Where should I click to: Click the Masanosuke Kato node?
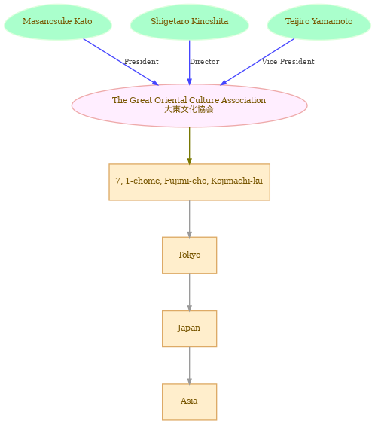coord(58,22)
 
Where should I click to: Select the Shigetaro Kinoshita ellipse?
coord(189,22)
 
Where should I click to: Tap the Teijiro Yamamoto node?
coord(319,22)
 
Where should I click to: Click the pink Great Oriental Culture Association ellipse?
coord(189,105)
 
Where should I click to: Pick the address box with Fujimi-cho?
coord(189,182)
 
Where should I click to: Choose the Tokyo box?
coord(189,255)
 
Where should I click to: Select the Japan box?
coord(189,328)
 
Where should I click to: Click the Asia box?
coord(189,402)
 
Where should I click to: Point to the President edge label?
coord(142,62)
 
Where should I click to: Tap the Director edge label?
coord(204,62)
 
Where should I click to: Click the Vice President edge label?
coord(288,62)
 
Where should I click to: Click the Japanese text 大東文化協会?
coord(189,109)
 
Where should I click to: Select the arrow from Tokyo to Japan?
coord(189,292)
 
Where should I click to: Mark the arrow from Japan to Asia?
coord(189,365)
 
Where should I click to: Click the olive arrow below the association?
coord(189,145)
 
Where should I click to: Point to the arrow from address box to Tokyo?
coord(189,219)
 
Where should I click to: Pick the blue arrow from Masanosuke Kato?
coord(121,63)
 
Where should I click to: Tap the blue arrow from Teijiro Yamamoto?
coord(257,62)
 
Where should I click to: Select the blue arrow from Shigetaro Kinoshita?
coord(189,63)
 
